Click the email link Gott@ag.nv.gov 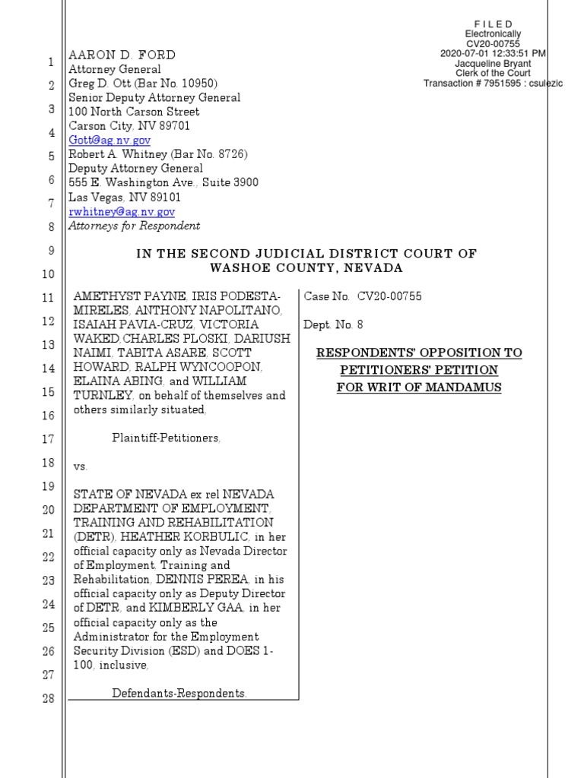tap(109, 141)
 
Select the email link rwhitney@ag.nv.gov tap(122, 211)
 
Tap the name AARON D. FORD tap(122, 55)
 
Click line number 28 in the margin tap(48, 699)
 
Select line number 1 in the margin tap(49, 62)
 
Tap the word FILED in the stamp tap(493, 24)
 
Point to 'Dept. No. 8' tap(333, 324)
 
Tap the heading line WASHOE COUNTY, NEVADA tap(306, 268)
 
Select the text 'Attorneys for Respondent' tap(135, 226)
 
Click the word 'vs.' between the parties tap(81, 465)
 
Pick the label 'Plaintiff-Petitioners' tap(167, 438)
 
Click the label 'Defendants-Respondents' tap(179, 693)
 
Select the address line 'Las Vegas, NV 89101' tap(125, 197)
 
